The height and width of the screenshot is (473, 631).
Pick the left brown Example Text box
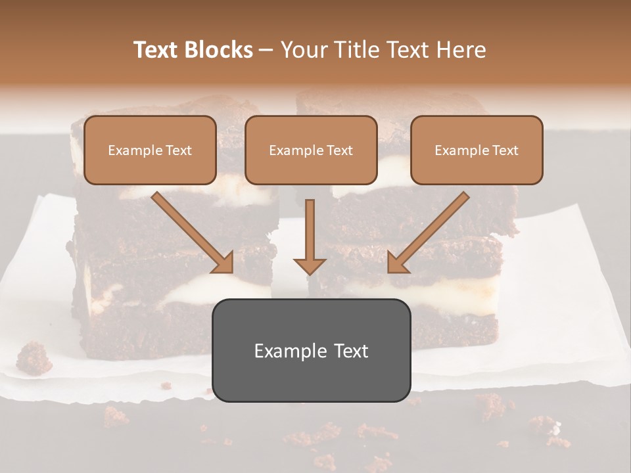(x=150, y=150)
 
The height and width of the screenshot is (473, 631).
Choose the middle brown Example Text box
(x=311, y=150)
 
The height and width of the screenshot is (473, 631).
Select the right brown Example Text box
(x=477, y=150)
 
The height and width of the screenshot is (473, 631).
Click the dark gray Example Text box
(x=311, y=351)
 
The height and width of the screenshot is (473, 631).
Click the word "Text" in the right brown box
(x=505, y=150)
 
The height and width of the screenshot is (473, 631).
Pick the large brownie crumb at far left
(x=34, y=357)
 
